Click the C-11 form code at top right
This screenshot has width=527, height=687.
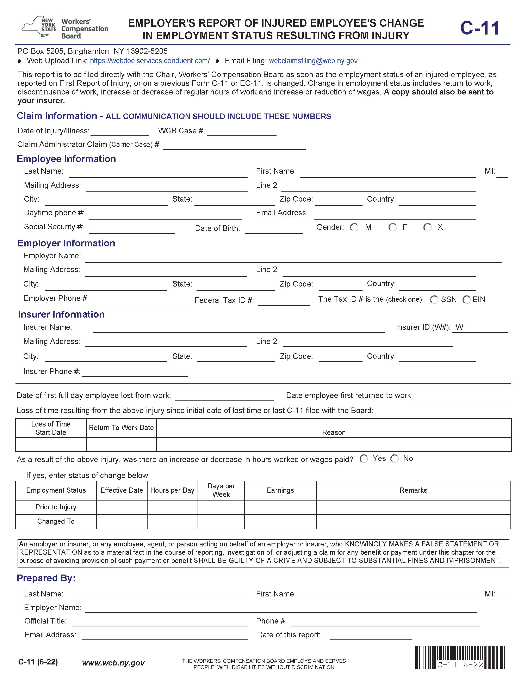(x=480, y=28)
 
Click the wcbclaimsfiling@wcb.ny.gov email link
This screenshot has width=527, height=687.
(x=313, y=61)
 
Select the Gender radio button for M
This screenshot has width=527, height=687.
(x=354, y=227)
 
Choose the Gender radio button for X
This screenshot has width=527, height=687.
(x=427, y=227)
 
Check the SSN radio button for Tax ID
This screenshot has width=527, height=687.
(x=434, y=300)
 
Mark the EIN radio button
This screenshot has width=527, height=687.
(x=466, y=300)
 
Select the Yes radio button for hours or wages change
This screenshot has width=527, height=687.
(x=364, y=459)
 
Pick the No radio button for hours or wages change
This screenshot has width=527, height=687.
(x=394, y=459)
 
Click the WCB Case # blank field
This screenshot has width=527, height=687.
(x=242, y=132)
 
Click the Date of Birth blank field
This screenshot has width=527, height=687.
(x=274, y=229)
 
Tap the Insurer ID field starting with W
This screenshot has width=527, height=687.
(x=480, y=328)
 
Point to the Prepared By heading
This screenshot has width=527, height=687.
(x=46, y=578)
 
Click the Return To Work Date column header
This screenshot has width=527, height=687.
(x=121, y=428)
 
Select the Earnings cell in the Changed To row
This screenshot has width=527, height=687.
(x=280, y=521)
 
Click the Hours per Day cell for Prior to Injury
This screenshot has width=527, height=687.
(x=172, y=507)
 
